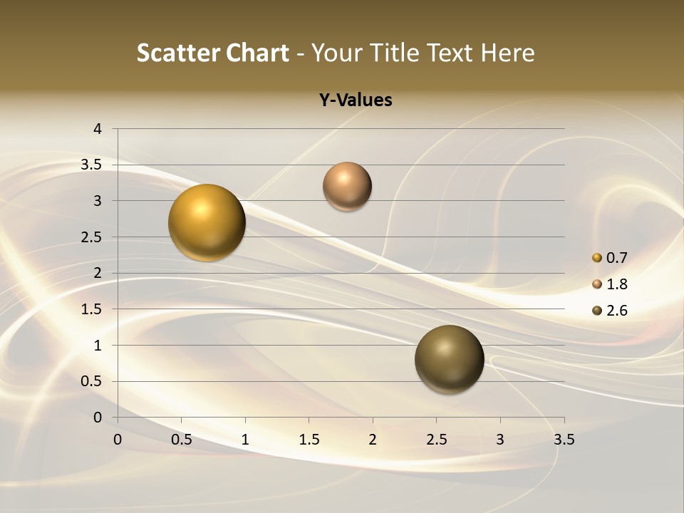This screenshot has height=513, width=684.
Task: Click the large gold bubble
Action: point(207,222)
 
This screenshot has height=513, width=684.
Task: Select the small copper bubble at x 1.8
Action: point(347,186)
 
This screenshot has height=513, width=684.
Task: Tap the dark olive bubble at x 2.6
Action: point(450,359)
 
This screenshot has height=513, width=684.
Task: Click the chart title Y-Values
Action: point(355,100)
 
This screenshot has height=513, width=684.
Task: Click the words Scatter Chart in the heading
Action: point(212,53)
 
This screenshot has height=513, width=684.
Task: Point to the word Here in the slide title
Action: point(507,53)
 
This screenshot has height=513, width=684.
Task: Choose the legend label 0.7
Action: point(616,258)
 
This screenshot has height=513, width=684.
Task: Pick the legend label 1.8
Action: point(616,284)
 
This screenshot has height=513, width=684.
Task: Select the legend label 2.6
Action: point(616,311)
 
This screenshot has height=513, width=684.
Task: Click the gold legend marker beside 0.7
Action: point(597,258)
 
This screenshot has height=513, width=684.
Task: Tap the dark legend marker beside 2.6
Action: point(597,311)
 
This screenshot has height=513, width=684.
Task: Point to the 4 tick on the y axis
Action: point(98,129)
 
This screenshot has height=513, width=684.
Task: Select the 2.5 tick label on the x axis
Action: point(437,440)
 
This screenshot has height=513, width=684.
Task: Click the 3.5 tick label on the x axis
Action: point(564,440)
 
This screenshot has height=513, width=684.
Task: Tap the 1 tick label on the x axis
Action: point(246,440)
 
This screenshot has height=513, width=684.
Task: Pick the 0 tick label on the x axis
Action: point(118,440)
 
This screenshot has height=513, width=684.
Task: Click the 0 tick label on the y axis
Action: point(98,418)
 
